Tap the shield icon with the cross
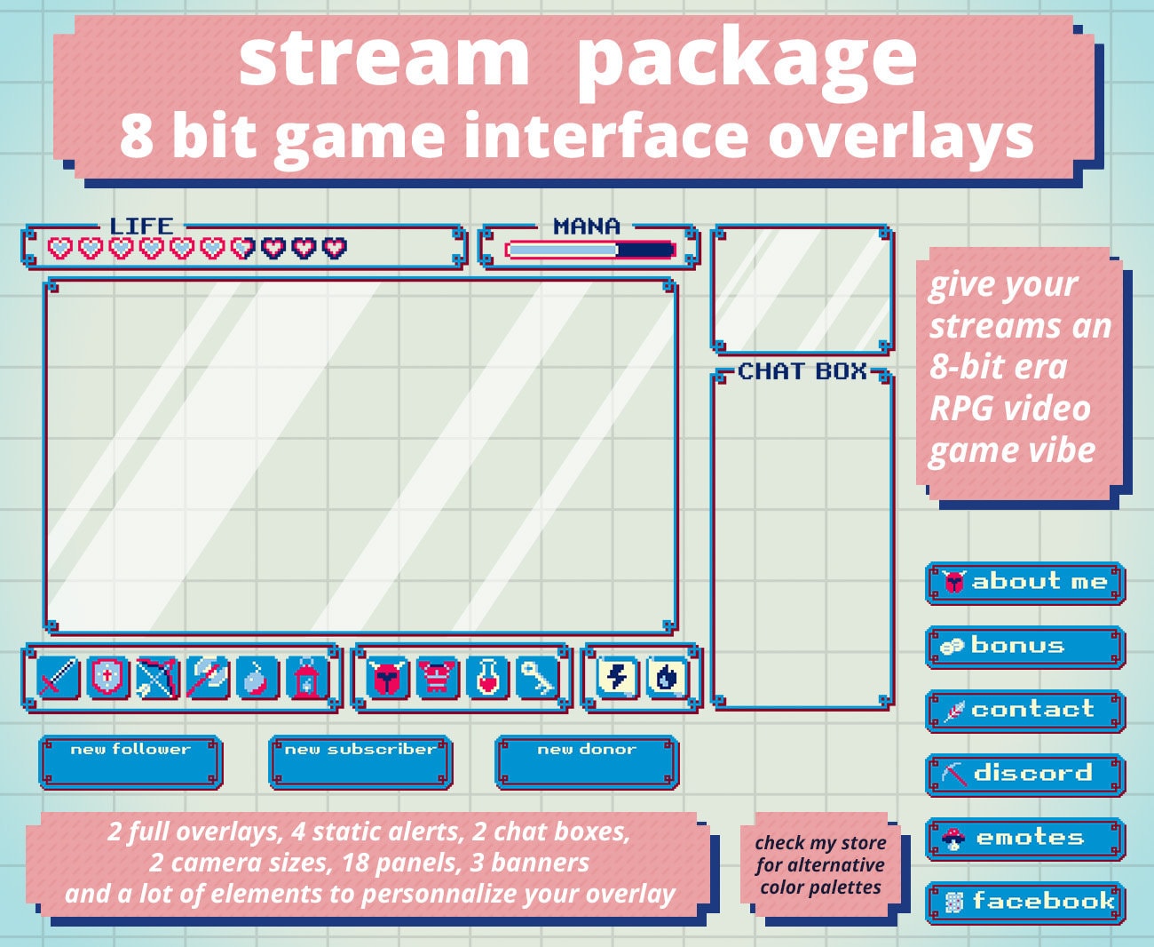click(x=107, y=679)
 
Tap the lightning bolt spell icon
click(x=617, y=679)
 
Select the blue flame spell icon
click(x=666, y=679)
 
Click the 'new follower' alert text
click(x=130, y=750)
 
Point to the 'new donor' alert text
click(x=587, y=750)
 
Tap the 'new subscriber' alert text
click(x=360, y=750)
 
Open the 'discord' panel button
click(x=1025, y=774)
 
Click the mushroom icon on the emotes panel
click(x=953, y=838)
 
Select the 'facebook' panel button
click(x=1025, y=902)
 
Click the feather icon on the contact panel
click(x=953, y=711)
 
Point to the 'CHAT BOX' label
click(x=802, y=371)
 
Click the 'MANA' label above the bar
click(x=587, y=227)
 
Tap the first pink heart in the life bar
click(x=59, y=248)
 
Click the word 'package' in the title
click(x=746, y=59)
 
